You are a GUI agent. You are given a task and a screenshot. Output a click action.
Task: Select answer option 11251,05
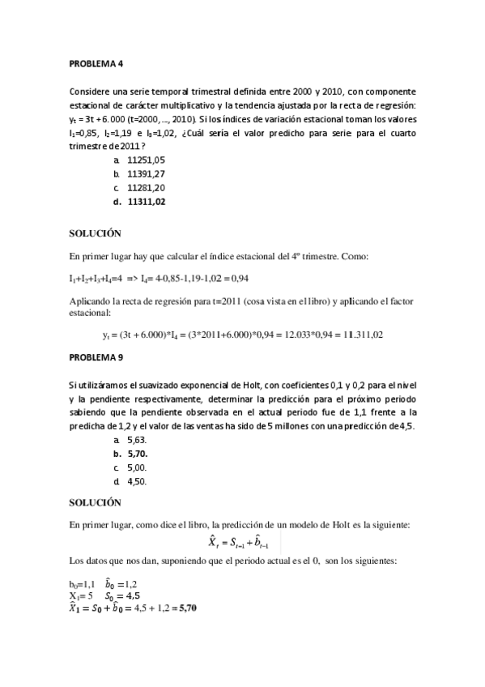(x=146, y=160)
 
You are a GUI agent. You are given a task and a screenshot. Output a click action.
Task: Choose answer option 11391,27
(x=146, y=174)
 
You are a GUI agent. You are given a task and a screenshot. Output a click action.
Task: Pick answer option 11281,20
(x=146, y=188)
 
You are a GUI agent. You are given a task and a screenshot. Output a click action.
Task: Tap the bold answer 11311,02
(x=146, y=202)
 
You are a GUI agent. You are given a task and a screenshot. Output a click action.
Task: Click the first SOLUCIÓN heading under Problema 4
(x=95, y=233)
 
